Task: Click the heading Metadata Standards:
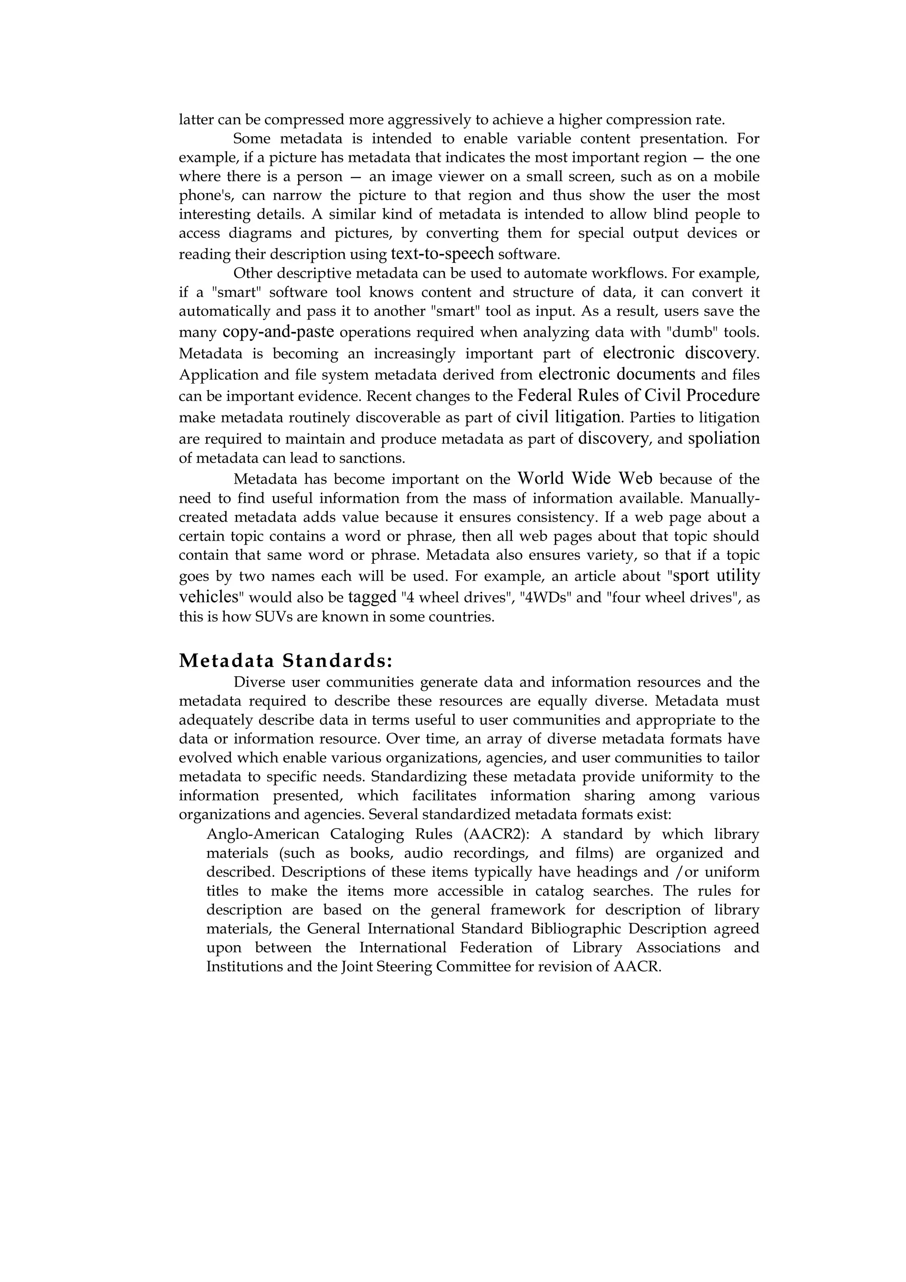point(286,660)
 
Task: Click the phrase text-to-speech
point(442,253)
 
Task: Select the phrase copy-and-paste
point(278,332)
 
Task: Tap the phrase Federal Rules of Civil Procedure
point(639,395)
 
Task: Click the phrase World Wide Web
point(585,479)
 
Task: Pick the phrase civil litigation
point(568,417)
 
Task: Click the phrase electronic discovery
point(680,353)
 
